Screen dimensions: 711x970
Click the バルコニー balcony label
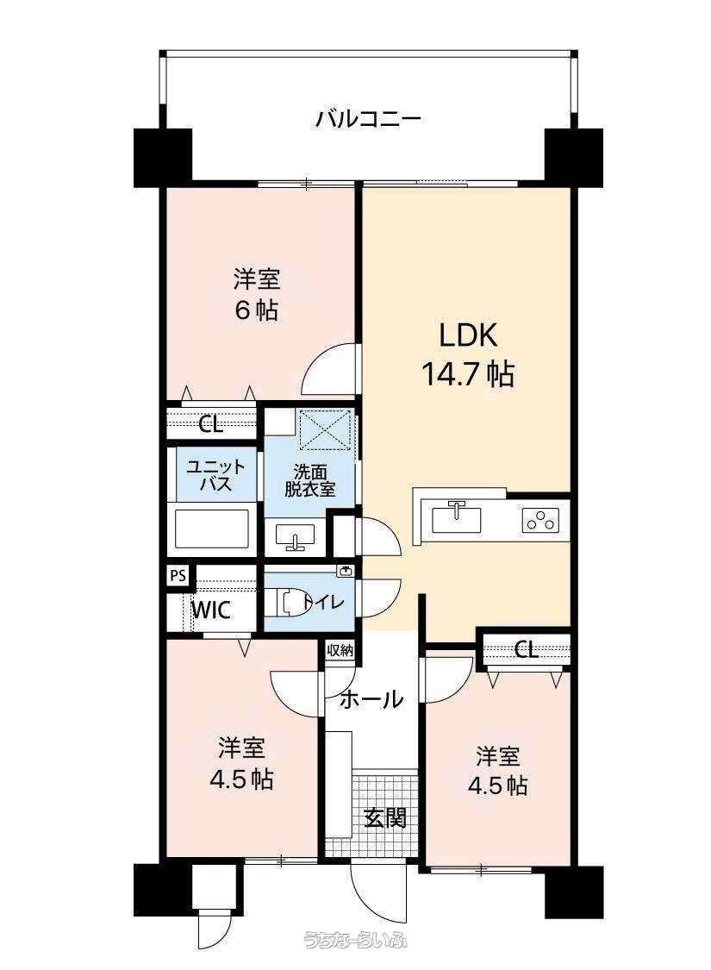(368, 118)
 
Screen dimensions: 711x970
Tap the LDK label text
(468, 336)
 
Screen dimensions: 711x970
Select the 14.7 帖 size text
(467, 373)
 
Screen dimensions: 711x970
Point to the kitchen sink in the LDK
(457, 517)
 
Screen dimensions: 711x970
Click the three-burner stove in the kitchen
(540, 520)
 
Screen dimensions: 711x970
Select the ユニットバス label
(215, 475)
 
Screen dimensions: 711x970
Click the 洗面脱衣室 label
(309, 480)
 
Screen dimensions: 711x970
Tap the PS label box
(178, 575)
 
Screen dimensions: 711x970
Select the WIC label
(211, 610)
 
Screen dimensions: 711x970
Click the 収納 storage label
(340, 650)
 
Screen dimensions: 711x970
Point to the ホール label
(371, 699)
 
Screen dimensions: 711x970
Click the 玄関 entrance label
(384, 817)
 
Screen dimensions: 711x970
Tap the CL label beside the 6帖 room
(211, 424)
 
